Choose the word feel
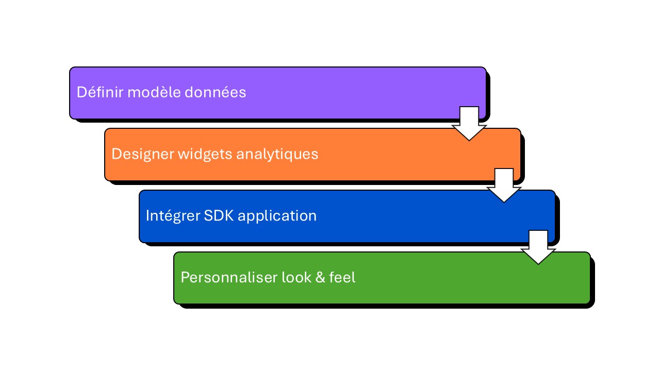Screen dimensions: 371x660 tap(342, 277)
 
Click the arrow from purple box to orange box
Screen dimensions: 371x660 tap(469, 124)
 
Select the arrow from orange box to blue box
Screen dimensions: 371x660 tap(504, 186)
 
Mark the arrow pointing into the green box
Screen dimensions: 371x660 tap(538, 248)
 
